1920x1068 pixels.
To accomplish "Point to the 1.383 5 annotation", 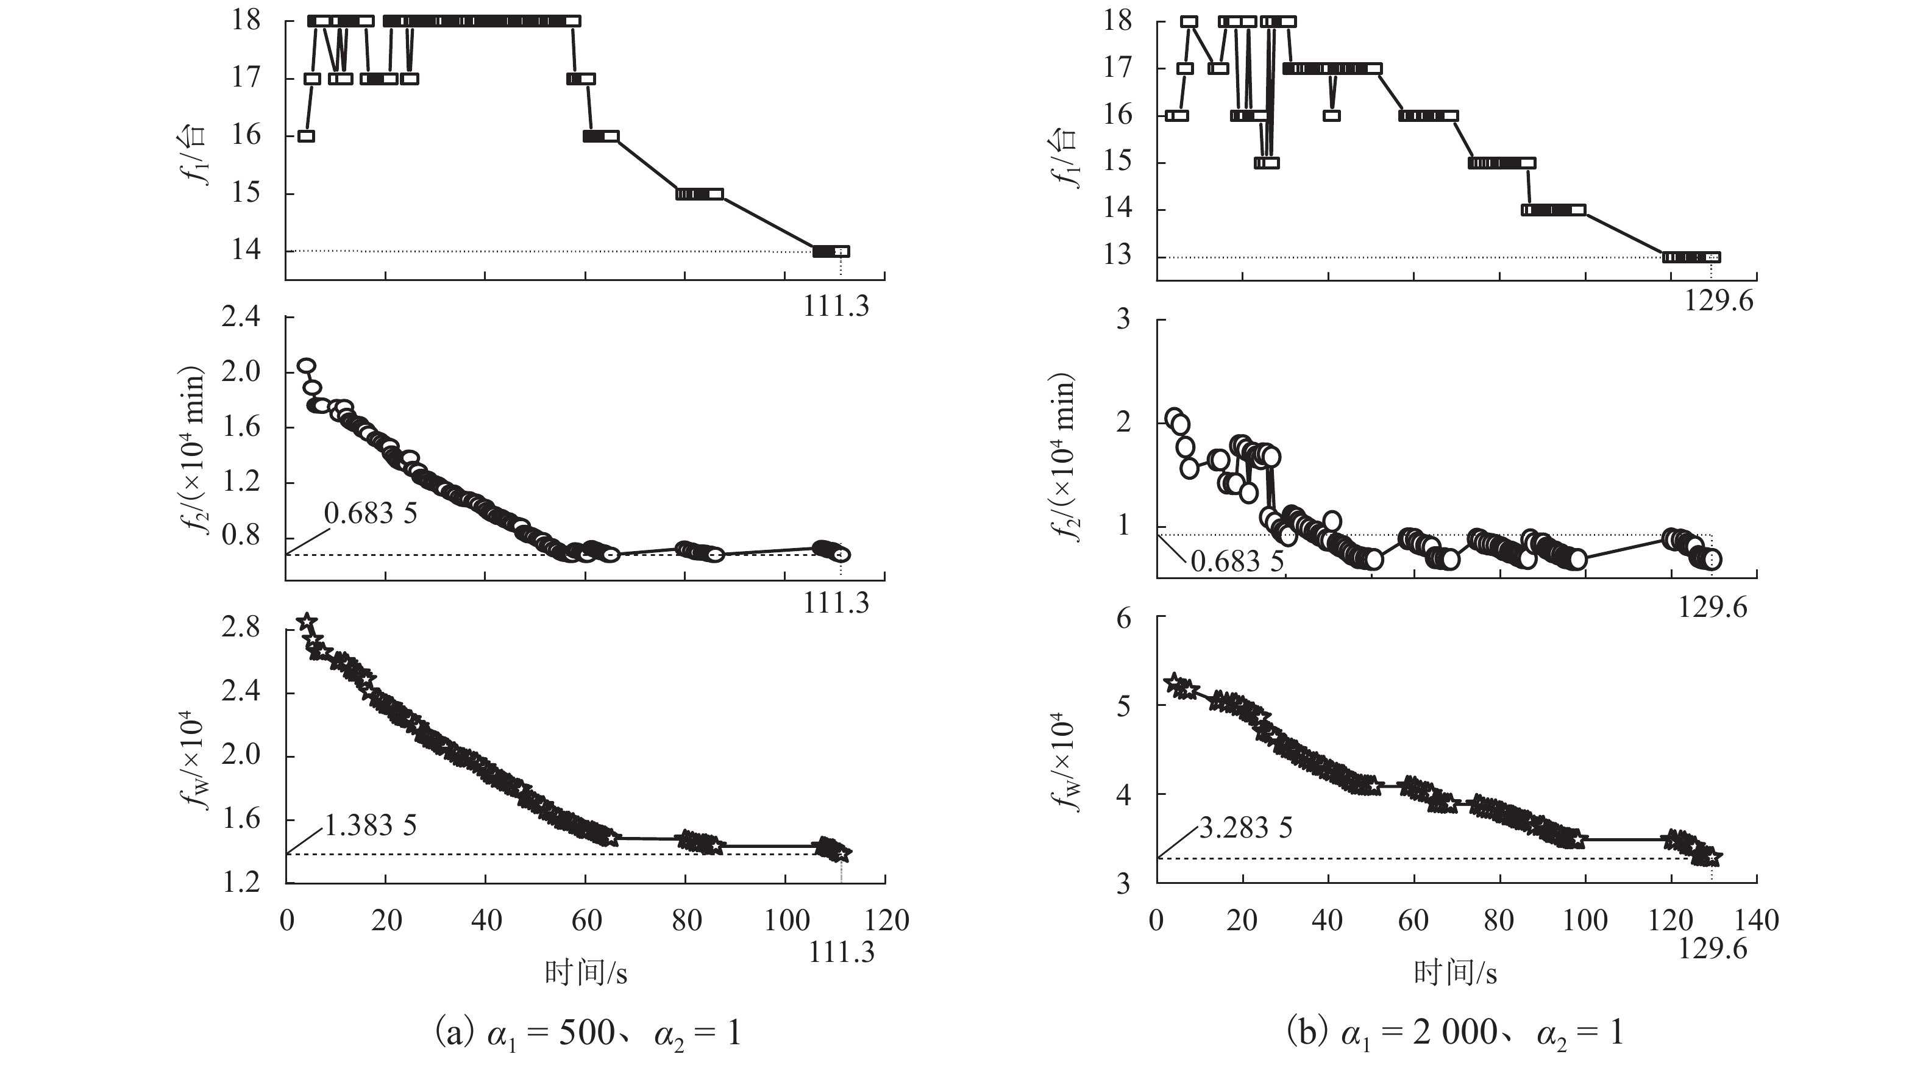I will pos(371,825).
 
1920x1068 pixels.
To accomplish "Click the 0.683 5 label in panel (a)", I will pos(371,513).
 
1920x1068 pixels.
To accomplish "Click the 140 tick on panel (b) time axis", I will pos(1757,920).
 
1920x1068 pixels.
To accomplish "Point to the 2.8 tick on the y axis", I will pos(241,627).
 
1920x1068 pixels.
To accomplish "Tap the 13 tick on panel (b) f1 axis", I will pos(1117,255).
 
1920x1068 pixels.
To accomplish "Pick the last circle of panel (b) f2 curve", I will pos(1712,560).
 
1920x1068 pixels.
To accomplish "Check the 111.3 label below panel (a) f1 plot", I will pos(836,306).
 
